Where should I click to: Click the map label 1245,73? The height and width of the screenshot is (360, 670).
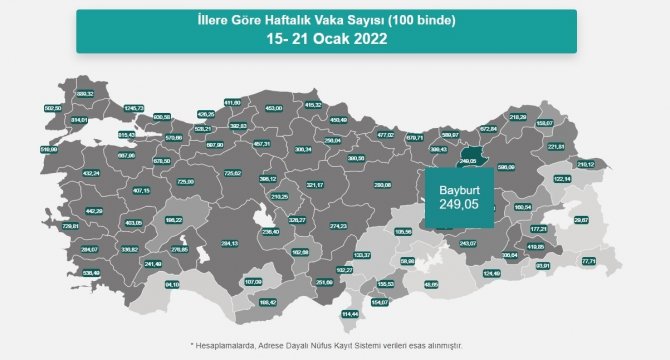pyautogui.click(x=134, y=108)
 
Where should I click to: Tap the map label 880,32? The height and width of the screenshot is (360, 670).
pyautogui.click(x=85, y=94)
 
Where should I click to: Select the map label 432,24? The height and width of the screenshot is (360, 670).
pyautogui.click(x=91, y=173)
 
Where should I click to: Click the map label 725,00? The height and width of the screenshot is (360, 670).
pyautogui.click(x=184, y=181)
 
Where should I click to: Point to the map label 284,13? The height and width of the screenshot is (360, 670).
pyautogui.click(x=229, y=243)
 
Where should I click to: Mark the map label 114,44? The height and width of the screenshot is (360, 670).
pyautogui.click(x=349, y=313)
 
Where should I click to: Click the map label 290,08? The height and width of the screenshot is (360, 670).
pyautogui.click(x=382, y=184)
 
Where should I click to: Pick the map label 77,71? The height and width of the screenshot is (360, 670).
pyautogui.click(x=588, y=261)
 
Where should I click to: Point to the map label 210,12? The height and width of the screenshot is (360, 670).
pyautogui.click(x=585, y=164)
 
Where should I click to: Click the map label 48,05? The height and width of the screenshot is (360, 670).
pyautogui.click(x=431, y=284)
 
